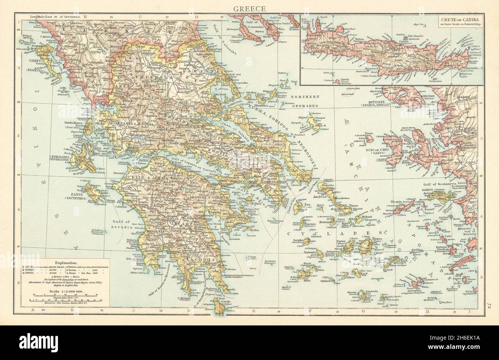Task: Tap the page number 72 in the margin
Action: coord(487,306)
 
